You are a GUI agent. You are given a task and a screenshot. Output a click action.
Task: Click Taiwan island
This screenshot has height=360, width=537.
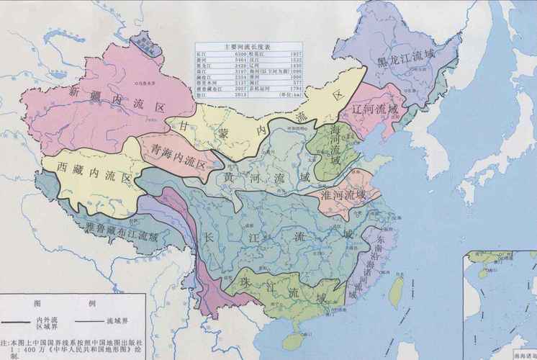[x=395, y=289]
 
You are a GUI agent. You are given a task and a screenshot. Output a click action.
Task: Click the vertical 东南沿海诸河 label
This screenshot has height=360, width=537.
[x=381, y=256]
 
